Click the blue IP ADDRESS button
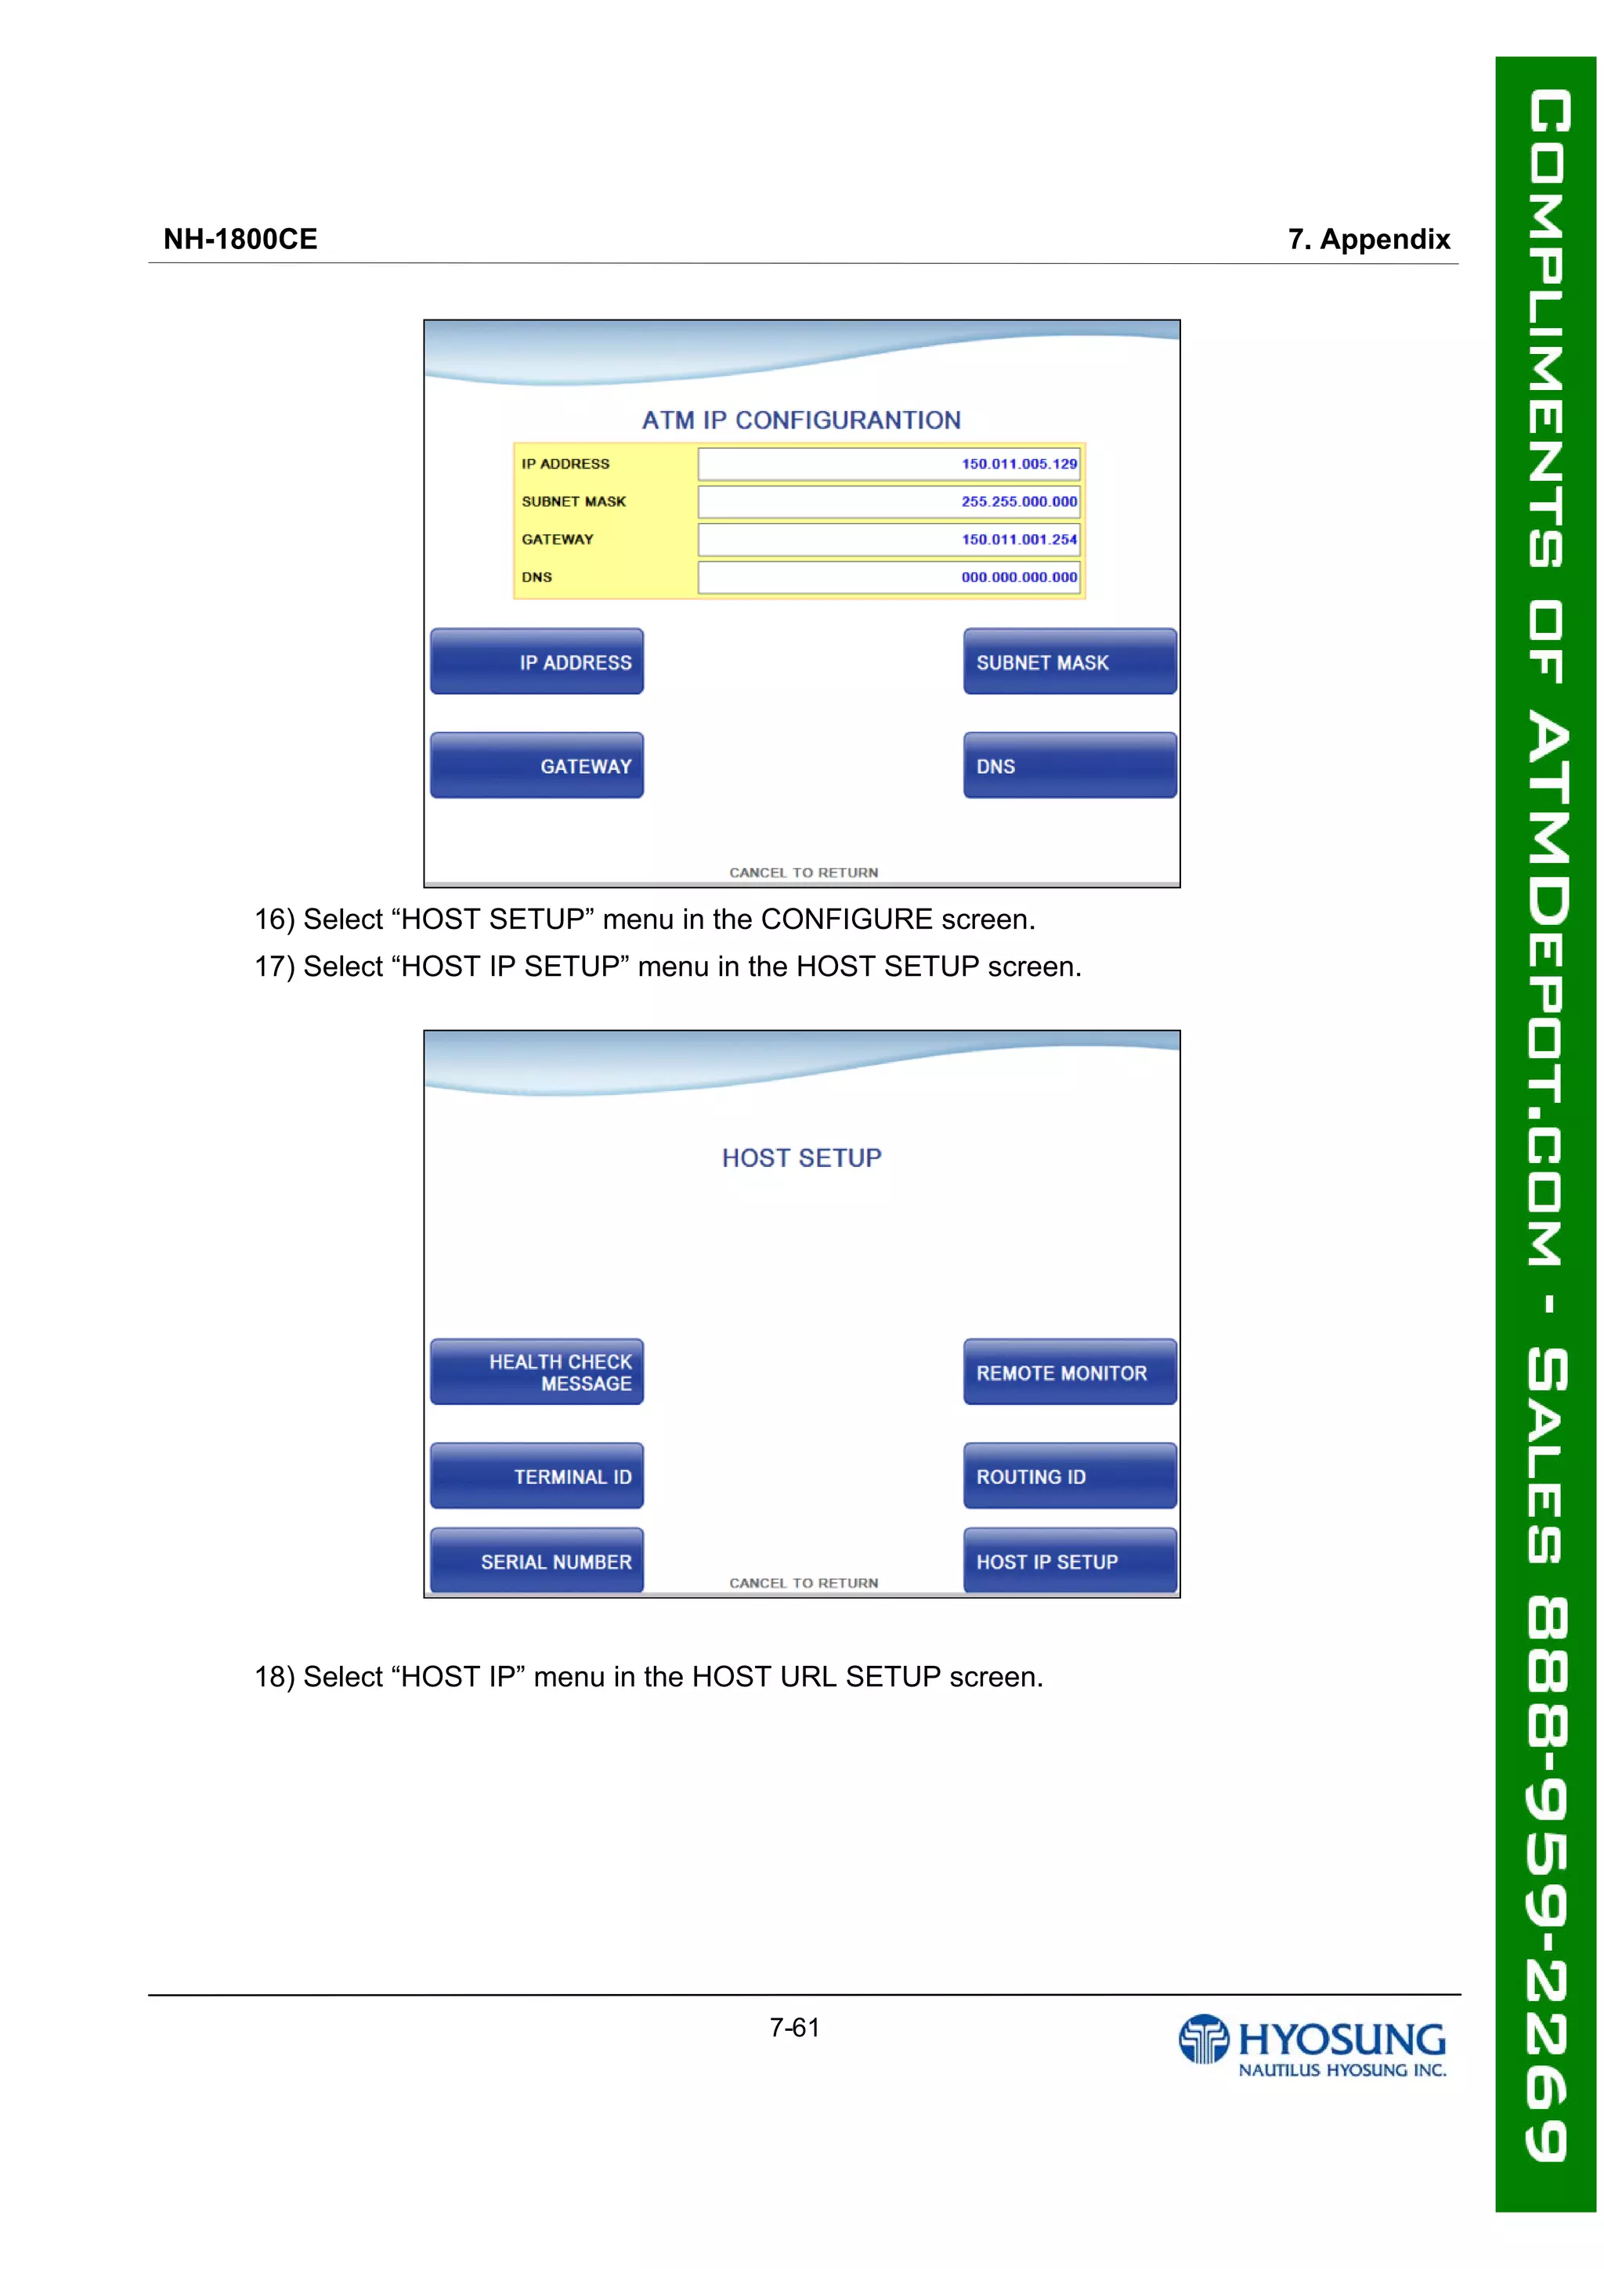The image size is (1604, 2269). click(536, 661)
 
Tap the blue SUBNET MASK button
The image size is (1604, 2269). click(1069, 661)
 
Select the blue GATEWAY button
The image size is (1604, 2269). click(536, 765)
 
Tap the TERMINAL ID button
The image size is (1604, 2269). click(536, 1476)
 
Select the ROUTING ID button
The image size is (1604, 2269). click(1069, 1476)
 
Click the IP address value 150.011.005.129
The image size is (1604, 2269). click(1018, 464)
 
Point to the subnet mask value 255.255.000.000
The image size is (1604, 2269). click(1018, 501)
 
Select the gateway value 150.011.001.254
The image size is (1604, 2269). click(1018, 539)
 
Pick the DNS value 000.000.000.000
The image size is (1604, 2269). click(1018, 576)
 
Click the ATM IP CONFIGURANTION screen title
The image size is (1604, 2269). click(800, 420)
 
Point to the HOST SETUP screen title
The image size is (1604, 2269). click(800, 1158)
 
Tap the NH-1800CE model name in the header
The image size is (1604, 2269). click(240, 239)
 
